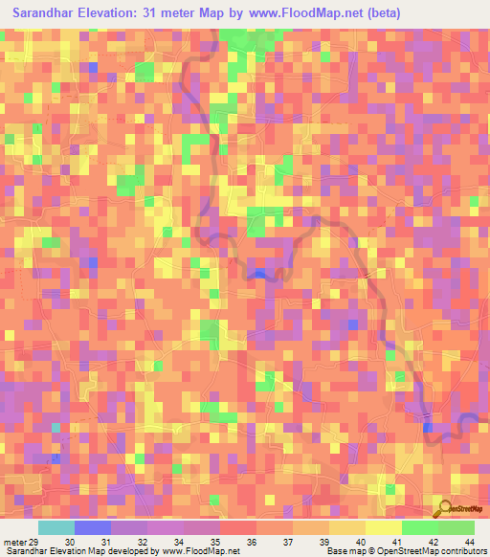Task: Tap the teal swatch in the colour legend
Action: point(56,527)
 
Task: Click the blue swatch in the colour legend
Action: point(93,527)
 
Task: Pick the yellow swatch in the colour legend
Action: point(384,527)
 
